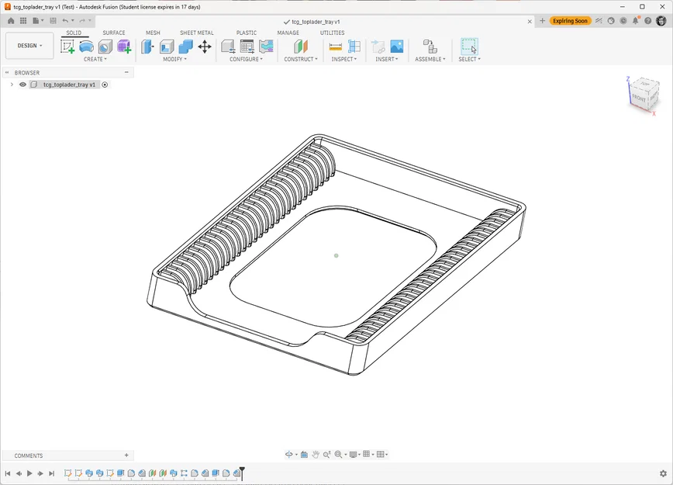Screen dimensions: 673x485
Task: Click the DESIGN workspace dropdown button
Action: (x=29, y=46)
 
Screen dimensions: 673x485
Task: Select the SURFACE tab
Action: (x=114, y=33)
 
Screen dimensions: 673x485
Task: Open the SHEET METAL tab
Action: (x=197, y=33)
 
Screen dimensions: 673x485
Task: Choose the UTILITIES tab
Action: (x=332, y=33)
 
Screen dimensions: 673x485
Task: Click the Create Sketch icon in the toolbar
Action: (x=67, y=47)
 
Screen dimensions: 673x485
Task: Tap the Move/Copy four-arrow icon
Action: (x=205, y=47)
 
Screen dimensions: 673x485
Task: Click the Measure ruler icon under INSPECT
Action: (x=335, y=47)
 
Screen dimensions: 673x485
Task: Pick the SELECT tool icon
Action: (x=469, y=46)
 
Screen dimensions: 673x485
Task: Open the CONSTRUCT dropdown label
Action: (x=301, y=59)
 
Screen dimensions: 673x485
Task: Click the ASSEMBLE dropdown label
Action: (x=430, y=59)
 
